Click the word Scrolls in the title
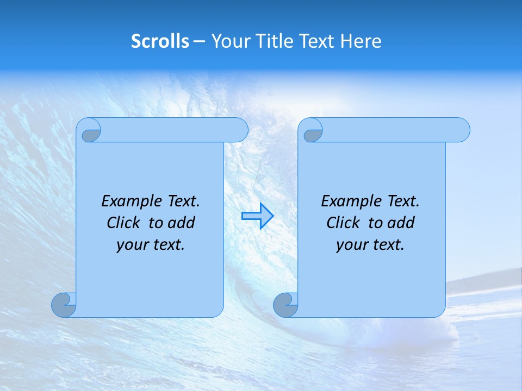click(160, 41)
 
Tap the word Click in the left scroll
click(123, 223)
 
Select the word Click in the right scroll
click(343, 223)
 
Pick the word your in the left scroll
click(132, 245)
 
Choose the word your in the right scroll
click(351, 245)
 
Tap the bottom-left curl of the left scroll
click(64, 305)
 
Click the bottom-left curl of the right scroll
click(286, 305)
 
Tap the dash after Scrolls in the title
click(199, 42)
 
